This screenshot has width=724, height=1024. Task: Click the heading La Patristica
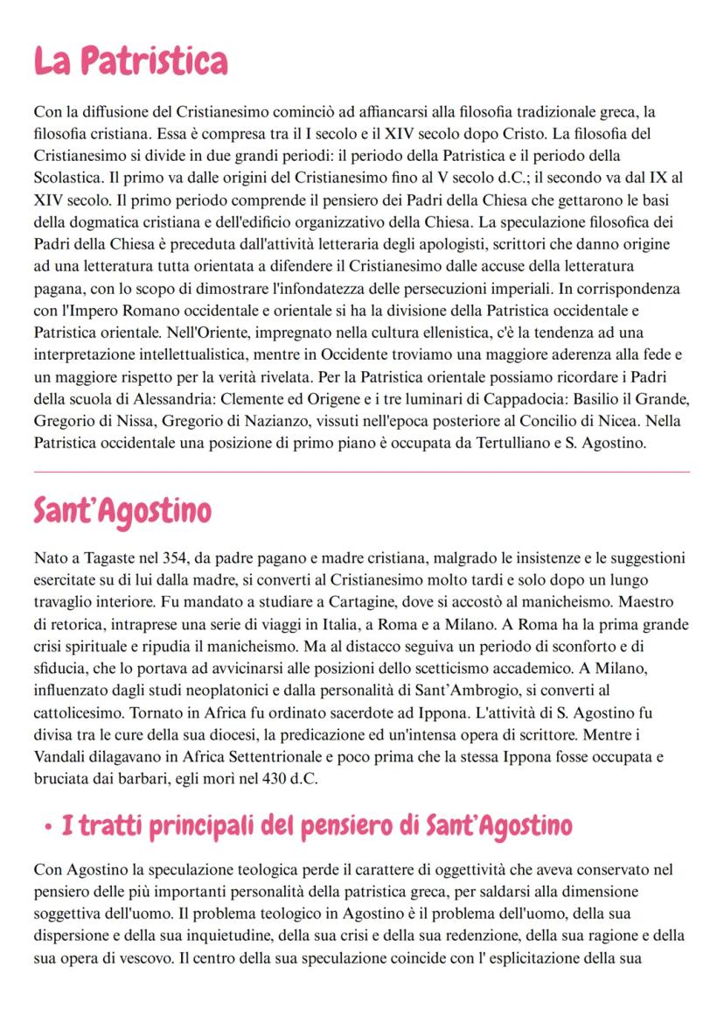tap(130, 61)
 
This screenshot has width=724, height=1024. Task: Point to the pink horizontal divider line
tap(361, 472)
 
